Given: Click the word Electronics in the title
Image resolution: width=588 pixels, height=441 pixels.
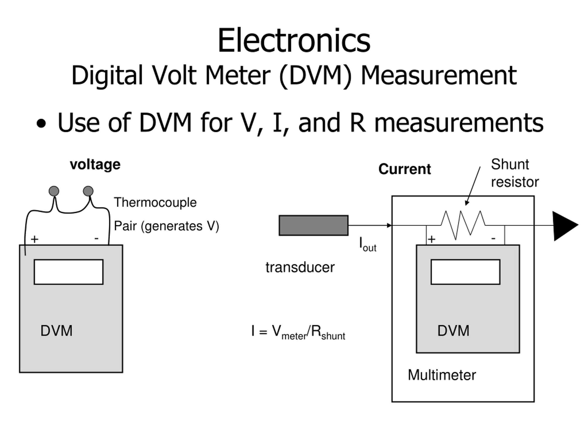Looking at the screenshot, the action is pos(294,40).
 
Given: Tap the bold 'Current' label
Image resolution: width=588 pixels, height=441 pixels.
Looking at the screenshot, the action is pos(404,169).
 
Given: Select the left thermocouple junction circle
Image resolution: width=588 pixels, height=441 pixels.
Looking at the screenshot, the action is pos(54,191).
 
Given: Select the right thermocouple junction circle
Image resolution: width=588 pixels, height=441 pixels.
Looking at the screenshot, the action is pos(88,191).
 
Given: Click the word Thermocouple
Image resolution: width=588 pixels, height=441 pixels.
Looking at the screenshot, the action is pos(155,203).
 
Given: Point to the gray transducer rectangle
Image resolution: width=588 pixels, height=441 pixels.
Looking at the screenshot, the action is pos(313,225).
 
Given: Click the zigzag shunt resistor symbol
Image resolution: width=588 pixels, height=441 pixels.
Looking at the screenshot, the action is pos(463,225).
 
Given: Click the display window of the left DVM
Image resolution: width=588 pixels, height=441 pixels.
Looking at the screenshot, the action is pos(69,272).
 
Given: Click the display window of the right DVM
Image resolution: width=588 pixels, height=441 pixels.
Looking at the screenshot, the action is pos(465,272).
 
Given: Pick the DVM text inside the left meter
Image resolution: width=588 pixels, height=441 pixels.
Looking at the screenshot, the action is pos(56,331).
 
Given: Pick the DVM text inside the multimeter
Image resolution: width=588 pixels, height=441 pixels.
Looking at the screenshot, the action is pos(453,331).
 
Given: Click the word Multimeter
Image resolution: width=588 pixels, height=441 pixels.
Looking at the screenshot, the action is pos(442,375).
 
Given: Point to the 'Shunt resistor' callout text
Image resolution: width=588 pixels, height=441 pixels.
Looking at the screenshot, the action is pos(515,173).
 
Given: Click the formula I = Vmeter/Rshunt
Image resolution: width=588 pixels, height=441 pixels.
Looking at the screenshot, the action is pos(298,332).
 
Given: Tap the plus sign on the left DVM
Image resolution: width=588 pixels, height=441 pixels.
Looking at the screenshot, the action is pos(34,239).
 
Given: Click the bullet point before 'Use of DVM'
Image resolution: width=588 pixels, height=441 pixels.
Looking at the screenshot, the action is pos(41,124).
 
